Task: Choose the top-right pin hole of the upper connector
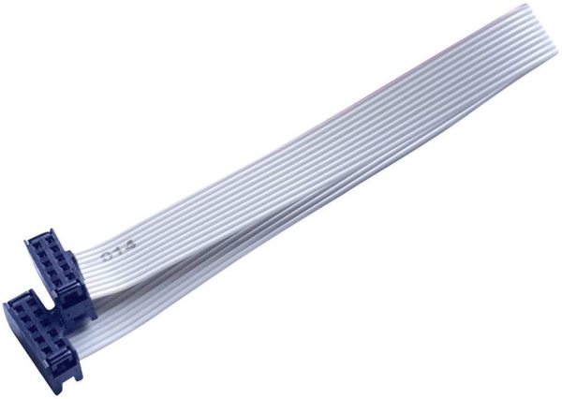50,245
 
